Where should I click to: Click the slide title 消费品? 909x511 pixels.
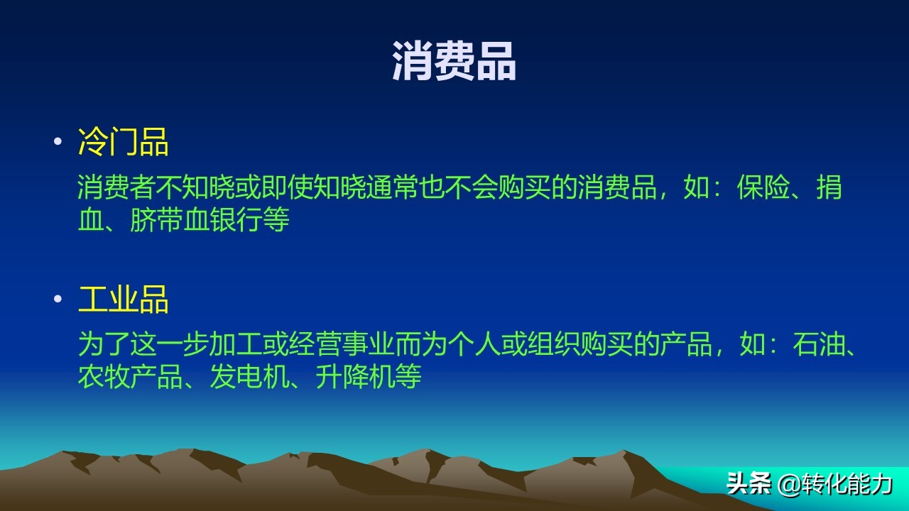[x=454, y=61]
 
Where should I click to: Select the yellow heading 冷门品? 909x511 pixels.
[x=124, y=143]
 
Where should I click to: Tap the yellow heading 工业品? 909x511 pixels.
[x=124, y=300]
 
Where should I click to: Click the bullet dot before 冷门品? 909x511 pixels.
[x=58, y=142]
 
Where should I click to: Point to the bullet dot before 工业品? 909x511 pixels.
[x=58, y=299]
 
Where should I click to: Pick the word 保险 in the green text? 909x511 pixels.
[x=763, y=188]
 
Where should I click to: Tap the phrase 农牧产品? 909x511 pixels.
[x=130, y=376]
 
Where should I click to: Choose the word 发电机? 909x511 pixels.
[x=249, y=376]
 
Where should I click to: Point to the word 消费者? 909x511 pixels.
[x=117, y=188]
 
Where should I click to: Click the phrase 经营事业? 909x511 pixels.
[x=341, y=345]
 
